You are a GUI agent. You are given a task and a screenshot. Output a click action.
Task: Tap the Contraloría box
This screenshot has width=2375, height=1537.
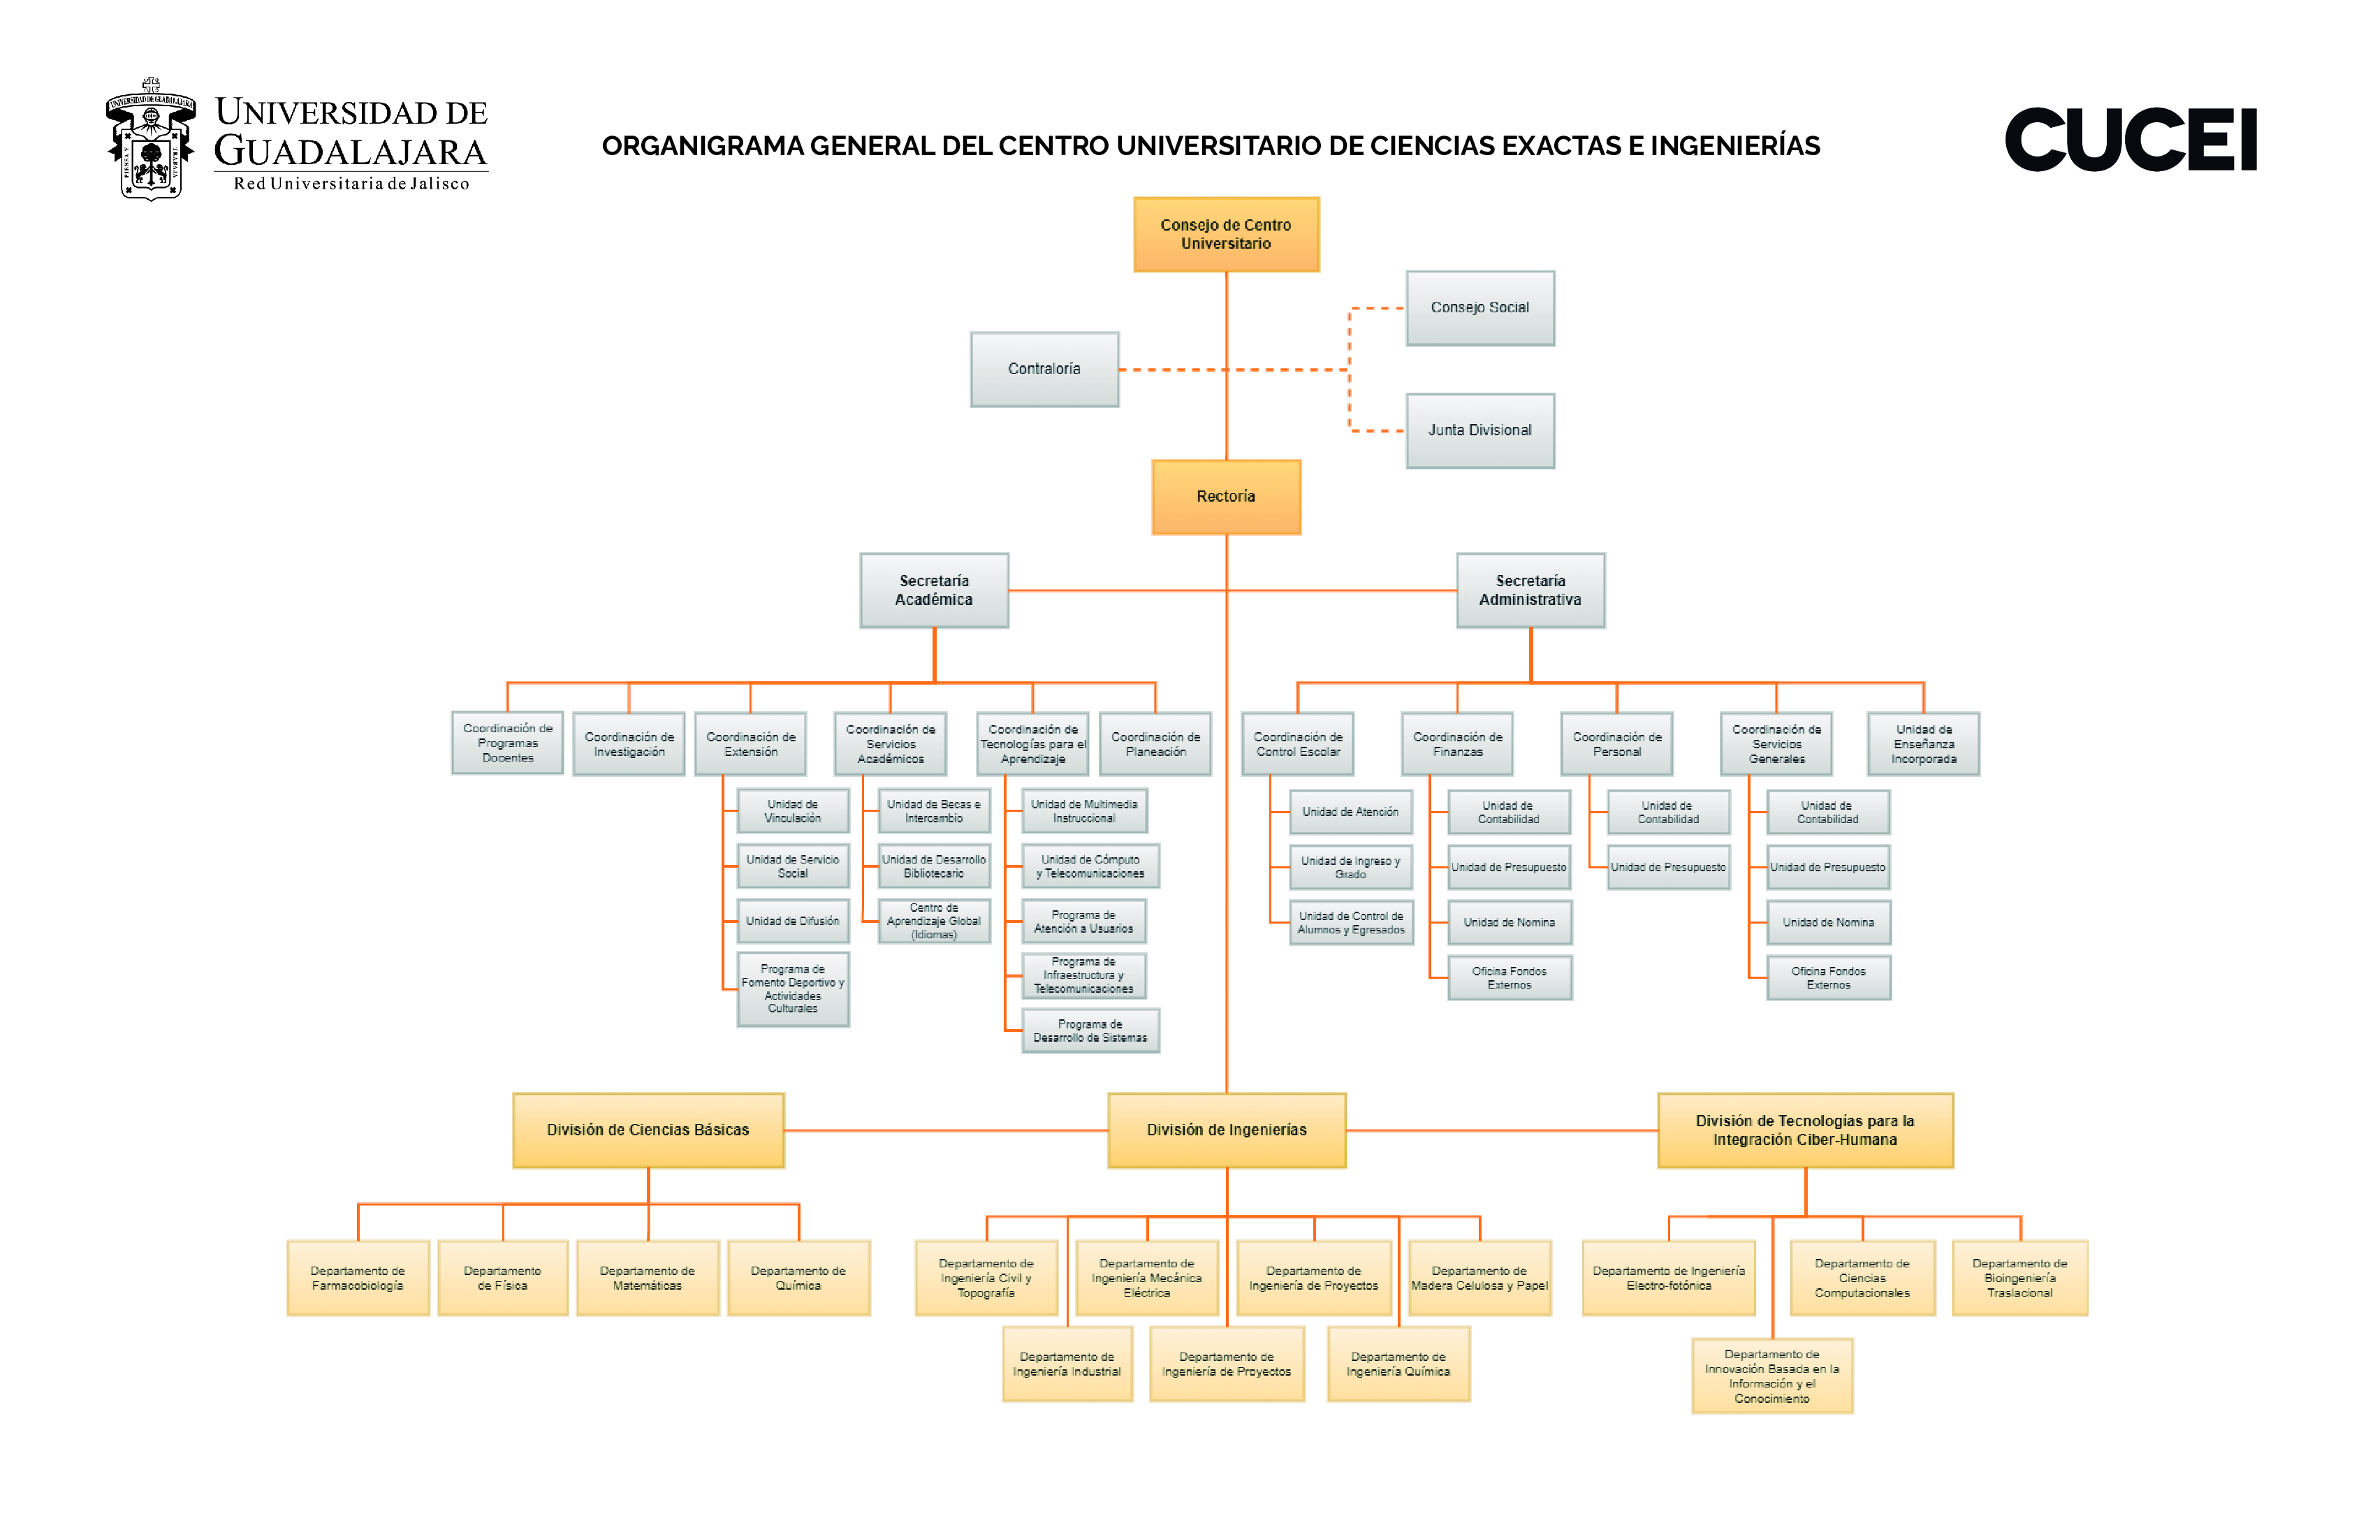(x=1044, y=370)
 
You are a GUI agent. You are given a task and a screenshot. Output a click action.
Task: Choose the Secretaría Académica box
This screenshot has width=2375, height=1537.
(x=934, y=590)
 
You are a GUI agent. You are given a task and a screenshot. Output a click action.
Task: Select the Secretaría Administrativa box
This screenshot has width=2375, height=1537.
(x=1530, y=590)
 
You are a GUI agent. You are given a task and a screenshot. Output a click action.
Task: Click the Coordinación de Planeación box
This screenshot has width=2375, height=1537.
(x=1155, y=743)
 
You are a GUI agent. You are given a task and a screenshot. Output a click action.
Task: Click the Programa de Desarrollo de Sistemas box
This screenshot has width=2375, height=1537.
(x=1090, y=1031)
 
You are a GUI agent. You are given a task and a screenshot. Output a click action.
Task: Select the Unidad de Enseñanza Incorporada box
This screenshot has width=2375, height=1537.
(x=1923, y=743)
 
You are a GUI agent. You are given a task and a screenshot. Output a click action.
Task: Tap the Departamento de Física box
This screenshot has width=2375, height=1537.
(x=502, y=1278)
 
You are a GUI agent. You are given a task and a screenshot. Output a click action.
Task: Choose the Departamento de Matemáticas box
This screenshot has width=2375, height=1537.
(x=647, y=1278)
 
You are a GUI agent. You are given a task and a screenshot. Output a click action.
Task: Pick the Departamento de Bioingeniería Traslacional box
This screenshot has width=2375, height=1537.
(x=2019, y=1278)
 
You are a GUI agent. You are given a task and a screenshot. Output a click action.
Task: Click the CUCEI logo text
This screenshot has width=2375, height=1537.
(x=2131, y=140)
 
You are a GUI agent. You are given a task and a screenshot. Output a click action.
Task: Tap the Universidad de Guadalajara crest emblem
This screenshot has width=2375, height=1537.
(x=151, y=140)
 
